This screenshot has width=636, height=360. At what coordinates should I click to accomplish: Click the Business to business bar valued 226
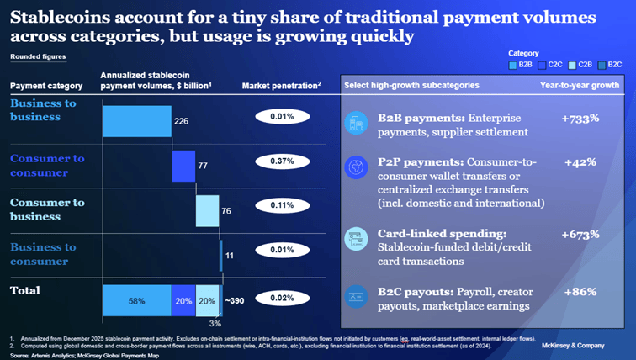(136, 121)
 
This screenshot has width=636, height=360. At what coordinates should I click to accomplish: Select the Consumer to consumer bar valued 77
(183, 166)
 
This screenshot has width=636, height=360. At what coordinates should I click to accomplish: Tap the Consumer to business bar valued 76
(208, 210)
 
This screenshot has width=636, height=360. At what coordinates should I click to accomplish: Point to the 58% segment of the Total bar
(136, 300)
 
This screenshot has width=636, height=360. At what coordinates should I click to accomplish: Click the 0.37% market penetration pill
(283, 161)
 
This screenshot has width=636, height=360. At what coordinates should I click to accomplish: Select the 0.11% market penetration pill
(283, 205)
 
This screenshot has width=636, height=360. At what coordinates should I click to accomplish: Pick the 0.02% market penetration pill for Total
(283, 298)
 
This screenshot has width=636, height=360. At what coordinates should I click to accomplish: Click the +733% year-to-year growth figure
(580, 119)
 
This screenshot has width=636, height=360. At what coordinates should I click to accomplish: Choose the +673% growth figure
(580, 233)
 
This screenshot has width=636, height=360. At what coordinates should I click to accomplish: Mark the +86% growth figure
(580, 292)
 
